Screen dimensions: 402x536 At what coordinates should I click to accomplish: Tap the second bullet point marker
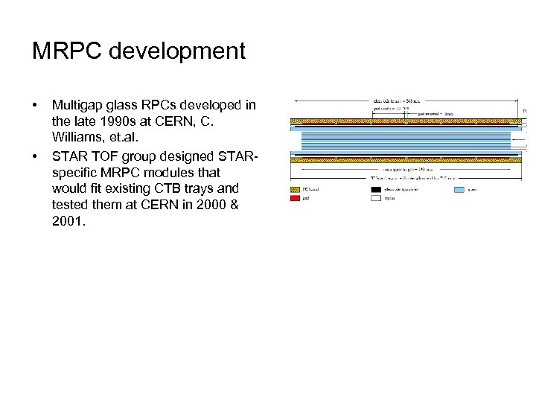pos(36,157)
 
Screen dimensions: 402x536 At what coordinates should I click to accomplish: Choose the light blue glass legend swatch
pos(459,189)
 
